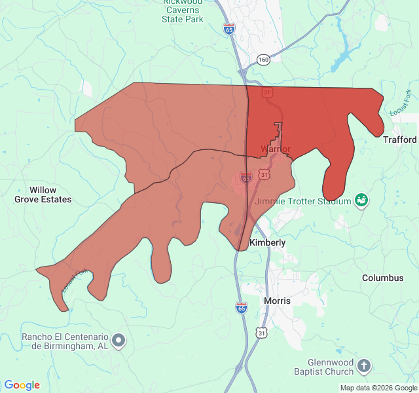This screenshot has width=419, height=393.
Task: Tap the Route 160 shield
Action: point(263,60)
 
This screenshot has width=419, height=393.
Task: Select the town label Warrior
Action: point(275,149)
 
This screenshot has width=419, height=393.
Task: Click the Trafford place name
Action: point(399,140)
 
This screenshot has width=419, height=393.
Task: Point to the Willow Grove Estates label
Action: point(43,195)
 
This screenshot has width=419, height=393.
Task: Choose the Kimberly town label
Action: point(268,242)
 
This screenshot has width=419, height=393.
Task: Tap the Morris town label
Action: point(277,301)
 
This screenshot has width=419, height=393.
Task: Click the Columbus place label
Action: point(383,278)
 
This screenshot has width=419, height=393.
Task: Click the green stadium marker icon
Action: point(361,200)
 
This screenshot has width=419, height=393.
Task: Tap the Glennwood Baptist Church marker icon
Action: point(365,365)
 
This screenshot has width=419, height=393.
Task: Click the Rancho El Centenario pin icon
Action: point(118,340)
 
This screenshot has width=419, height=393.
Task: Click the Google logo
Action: point(22,385)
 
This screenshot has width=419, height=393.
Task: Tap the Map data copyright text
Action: point(378,388)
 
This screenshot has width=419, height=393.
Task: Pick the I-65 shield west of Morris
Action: point(242,307)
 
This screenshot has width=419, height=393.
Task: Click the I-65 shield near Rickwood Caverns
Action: point(228,29)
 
